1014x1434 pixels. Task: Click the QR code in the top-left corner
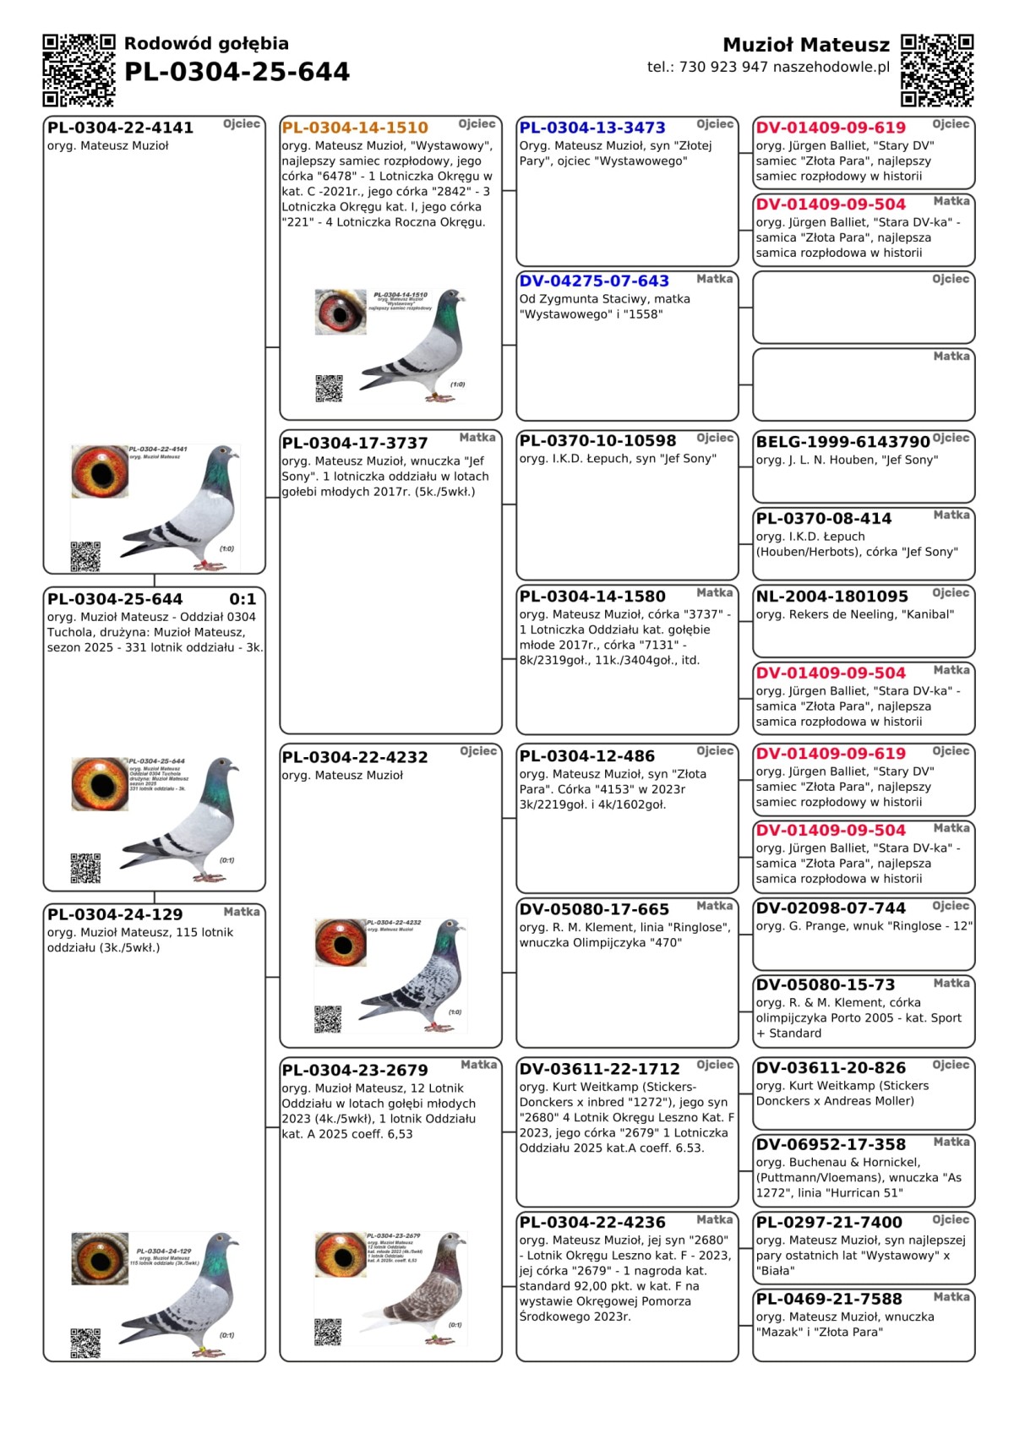coord(79,70)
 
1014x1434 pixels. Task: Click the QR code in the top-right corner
coord(937,70)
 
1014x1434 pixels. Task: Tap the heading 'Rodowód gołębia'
coord(206,44)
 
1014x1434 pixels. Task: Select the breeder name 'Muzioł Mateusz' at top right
coord(806,45)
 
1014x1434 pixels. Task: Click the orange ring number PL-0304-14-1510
coord(355,128)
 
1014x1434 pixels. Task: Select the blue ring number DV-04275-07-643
coord(594,281)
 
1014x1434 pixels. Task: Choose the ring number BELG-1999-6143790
coord(842,442)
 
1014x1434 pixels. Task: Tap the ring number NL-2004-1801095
coord(831,597)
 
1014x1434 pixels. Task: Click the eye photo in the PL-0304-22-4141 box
coord(100,472)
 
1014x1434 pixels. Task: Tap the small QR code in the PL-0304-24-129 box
coord(85,1344)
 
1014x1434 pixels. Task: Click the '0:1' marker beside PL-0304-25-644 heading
coord(243,599)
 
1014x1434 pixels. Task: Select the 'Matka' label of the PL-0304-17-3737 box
coord(477,438)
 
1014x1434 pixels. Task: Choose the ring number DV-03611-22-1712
coord(599,1070)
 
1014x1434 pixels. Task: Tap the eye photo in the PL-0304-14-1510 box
coord(341,312)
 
